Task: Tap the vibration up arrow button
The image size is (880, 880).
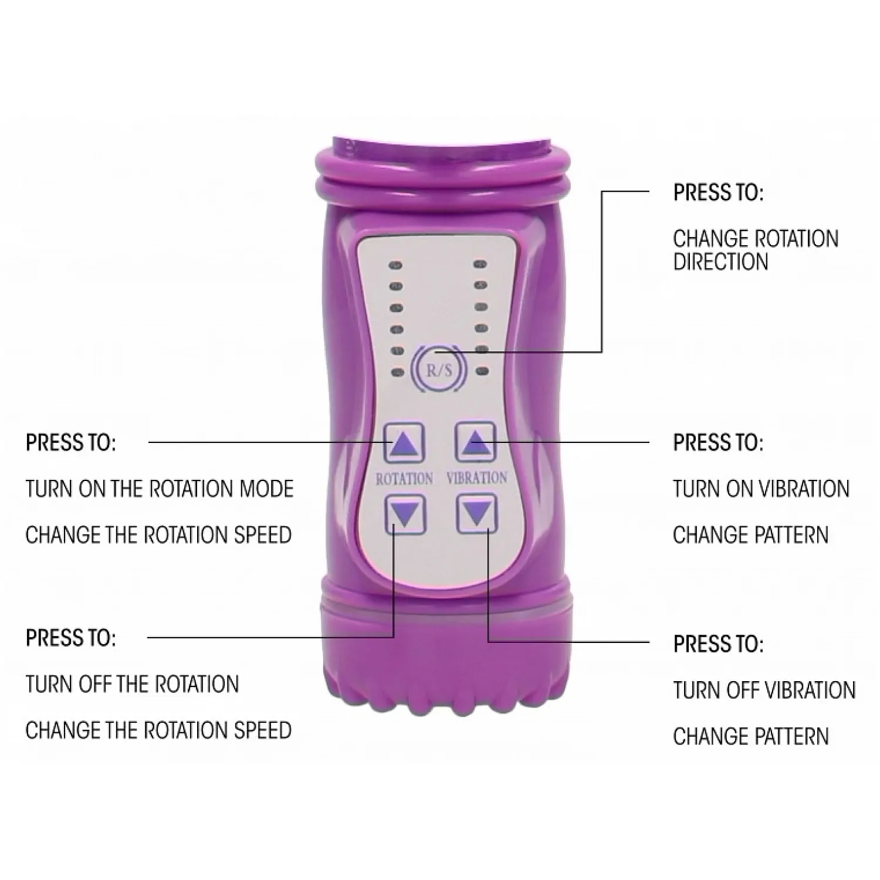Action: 476,442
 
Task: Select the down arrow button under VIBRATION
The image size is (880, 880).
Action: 477,514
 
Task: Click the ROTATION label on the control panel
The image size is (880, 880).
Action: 404,478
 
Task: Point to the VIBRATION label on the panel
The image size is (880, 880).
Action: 477,478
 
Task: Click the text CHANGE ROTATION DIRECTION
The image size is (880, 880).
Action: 756,250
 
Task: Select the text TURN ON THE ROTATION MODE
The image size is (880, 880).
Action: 160,489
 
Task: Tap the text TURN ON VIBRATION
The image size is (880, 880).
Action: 761,489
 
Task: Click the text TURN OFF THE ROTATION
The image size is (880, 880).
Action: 133,684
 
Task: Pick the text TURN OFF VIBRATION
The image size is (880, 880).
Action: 764,690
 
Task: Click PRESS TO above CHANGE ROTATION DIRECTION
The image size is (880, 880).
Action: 719,192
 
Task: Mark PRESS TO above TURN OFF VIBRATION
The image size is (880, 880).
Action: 719,644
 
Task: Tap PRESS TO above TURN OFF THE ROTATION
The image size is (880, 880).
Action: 71,638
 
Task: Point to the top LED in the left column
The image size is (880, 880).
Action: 397,265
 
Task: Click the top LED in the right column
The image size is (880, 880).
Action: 482,265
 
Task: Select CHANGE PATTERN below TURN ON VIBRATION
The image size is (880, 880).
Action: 750,535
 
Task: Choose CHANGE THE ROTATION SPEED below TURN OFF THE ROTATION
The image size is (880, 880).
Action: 158,730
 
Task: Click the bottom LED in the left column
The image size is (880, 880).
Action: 397,372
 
